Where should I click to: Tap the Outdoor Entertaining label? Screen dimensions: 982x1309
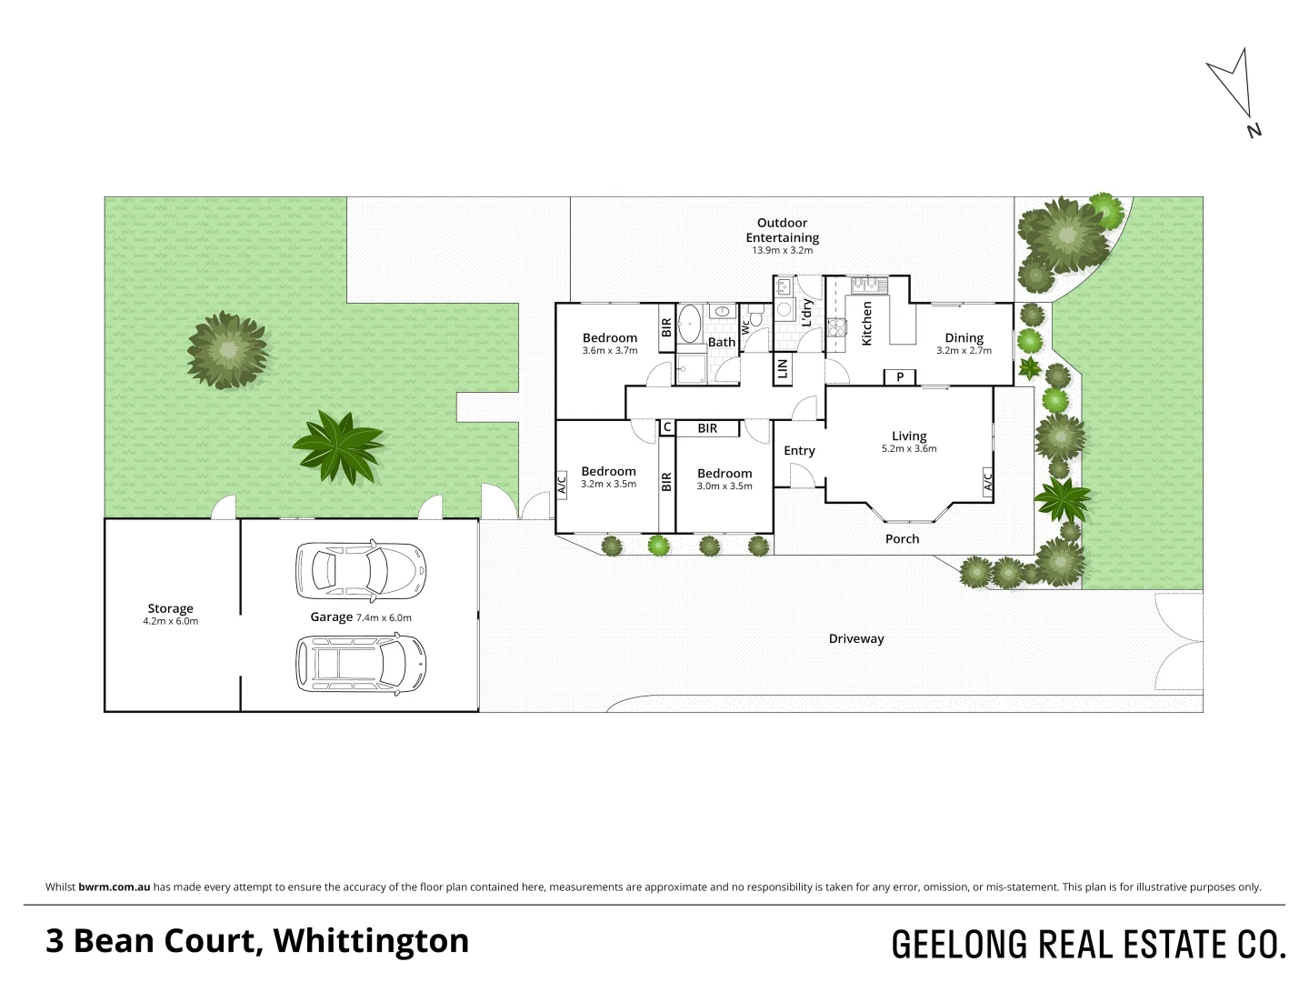click(x=782, y=230)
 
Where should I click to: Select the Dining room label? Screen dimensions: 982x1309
click(x=964, y=338)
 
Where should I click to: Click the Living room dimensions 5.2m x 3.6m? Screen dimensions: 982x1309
click(x=908, y=449)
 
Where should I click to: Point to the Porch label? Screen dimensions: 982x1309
click(x=902, y=539)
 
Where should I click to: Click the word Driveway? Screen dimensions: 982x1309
click(x=855, y=639)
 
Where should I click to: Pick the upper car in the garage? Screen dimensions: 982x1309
click(x=361, y=571)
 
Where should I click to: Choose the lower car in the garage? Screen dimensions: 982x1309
click(x=361, y=664)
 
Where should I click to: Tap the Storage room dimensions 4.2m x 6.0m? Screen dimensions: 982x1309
click(x=170, y=622)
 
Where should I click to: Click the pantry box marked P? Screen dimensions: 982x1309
click(x=900, y=377)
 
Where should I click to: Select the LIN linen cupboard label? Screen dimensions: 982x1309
click(x=782, y=368)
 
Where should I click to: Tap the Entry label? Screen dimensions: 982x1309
click(x=799, y=451)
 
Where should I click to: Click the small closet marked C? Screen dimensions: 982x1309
click(x=667, y=427)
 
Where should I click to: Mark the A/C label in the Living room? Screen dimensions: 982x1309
click(x=987, y=481)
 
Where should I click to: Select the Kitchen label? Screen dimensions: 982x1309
click(x=866, y=324)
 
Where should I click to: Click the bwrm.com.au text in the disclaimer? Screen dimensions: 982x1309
click(x=114, y=887)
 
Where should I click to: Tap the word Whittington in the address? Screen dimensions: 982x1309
click(x=371, y=941)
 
